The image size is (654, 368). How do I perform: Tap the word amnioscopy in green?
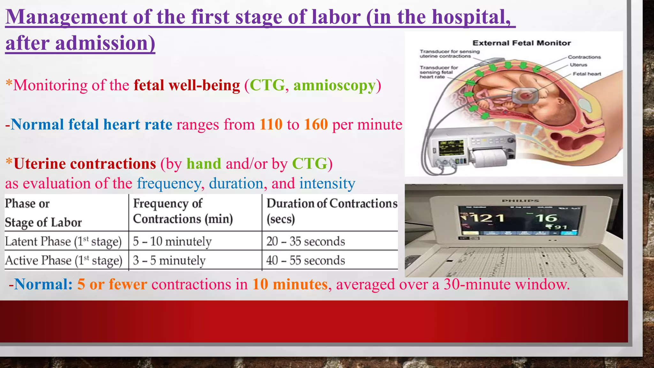334,86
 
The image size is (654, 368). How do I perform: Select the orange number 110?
271,125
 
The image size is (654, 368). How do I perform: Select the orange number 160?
316,125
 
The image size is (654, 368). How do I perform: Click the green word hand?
204,164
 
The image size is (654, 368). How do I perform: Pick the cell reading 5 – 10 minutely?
172,241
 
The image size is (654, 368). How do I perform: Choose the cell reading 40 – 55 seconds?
306,261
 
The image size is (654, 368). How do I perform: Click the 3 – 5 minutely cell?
169,261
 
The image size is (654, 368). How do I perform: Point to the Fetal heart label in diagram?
587,74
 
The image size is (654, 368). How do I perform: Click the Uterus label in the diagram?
578,65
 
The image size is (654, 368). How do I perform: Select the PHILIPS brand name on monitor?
520,201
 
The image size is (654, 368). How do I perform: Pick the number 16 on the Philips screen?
546,218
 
